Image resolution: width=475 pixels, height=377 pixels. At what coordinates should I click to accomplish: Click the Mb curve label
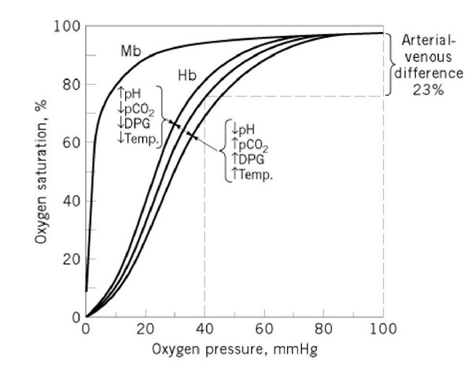[131, 50]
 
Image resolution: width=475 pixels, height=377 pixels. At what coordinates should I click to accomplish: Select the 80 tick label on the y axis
[72, 85]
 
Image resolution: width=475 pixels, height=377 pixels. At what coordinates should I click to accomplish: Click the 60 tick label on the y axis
[72, 143]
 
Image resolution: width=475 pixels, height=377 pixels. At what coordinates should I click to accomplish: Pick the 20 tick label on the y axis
[72, 259]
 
